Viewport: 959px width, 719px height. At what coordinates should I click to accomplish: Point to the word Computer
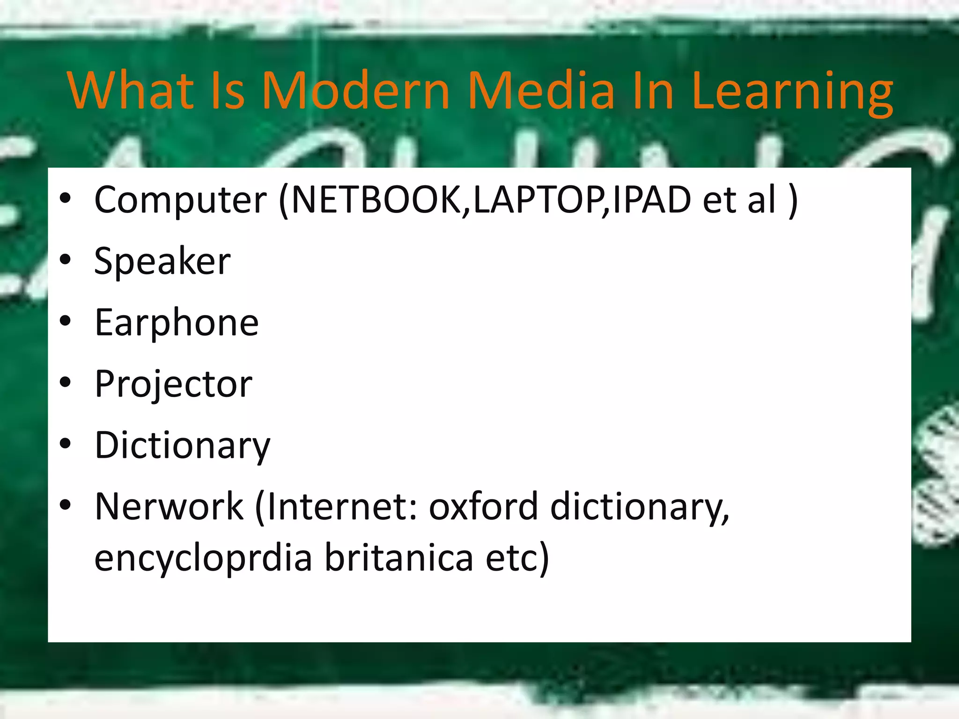point(180,200)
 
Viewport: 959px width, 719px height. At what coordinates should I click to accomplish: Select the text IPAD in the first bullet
point(651,200)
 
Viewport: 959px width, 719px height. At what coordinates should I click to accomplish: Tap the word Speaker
point(162,261)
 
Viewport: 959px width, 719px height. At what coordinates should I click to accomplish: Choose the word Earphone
point(176,323)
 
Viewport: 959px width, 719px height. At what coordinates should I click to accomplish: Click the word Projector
point(173,384)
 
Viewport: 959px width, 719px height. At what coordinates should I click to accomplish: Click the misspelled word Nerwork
point(169,506)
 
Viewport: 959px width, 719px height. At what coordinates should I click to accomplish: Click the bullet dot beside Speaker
point(65,260)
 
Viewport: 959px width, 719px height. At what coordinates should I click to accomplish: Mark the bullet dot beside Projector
point(65,382)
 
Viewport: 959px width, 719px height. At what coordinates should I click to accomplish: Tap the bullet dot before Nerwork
point(65,505)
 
